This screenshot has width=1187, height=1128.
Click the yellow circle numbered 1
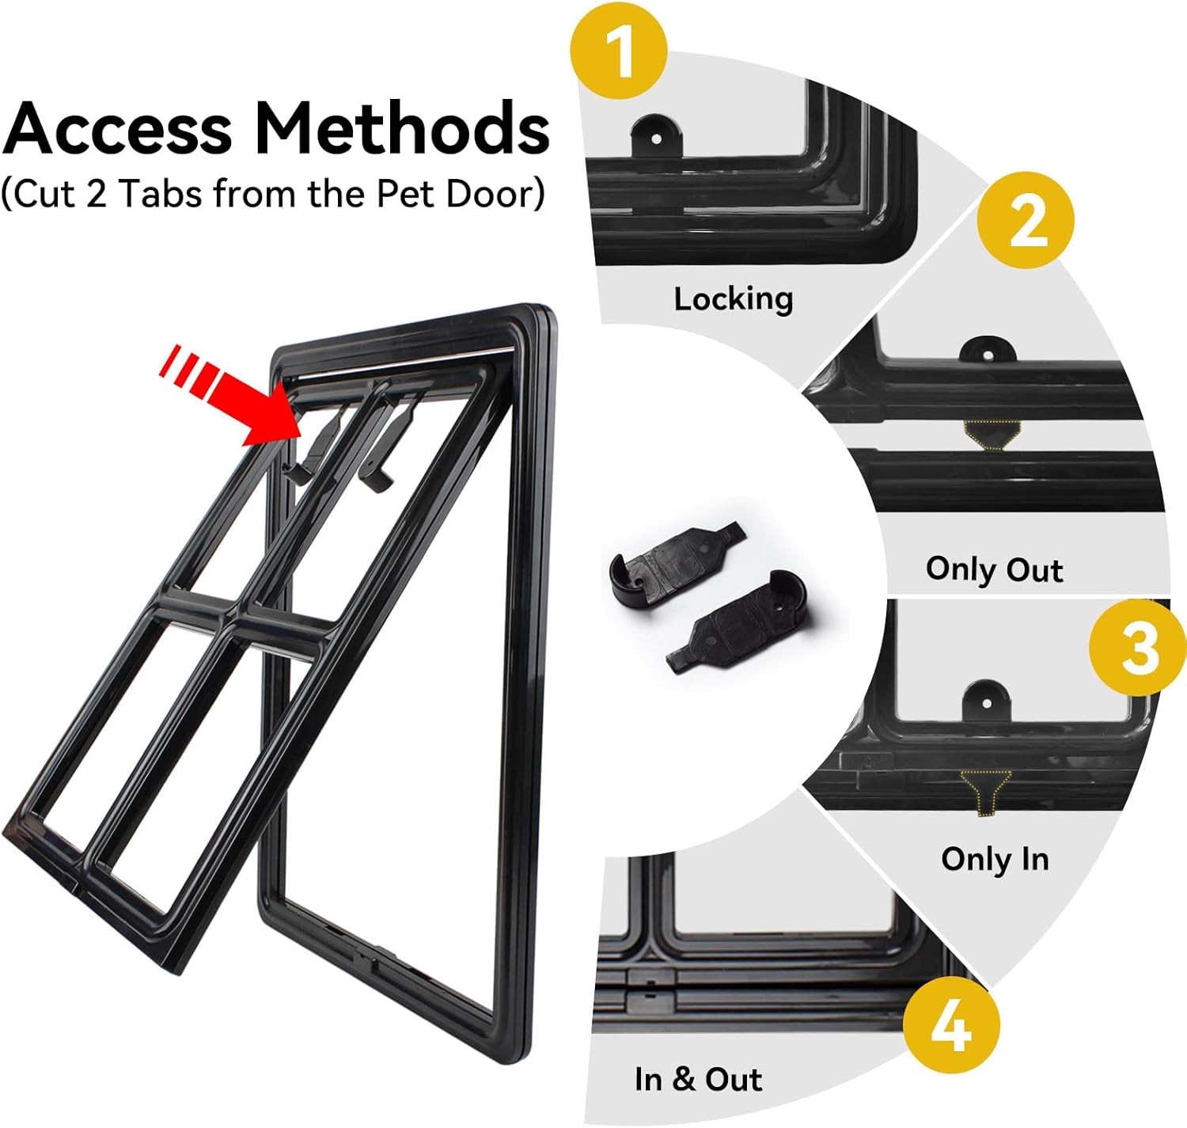[619, 51]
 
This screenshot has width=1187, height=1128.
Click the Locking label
[733, 299]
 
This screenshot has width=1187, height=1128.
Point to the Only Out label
[994, 569]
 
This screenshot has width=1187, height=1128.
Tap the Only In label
[995, 859]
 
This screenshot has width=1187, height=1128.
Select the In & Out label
[698, 1079]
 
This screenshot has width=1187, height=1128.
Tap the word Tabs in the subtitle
[159, 194]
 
